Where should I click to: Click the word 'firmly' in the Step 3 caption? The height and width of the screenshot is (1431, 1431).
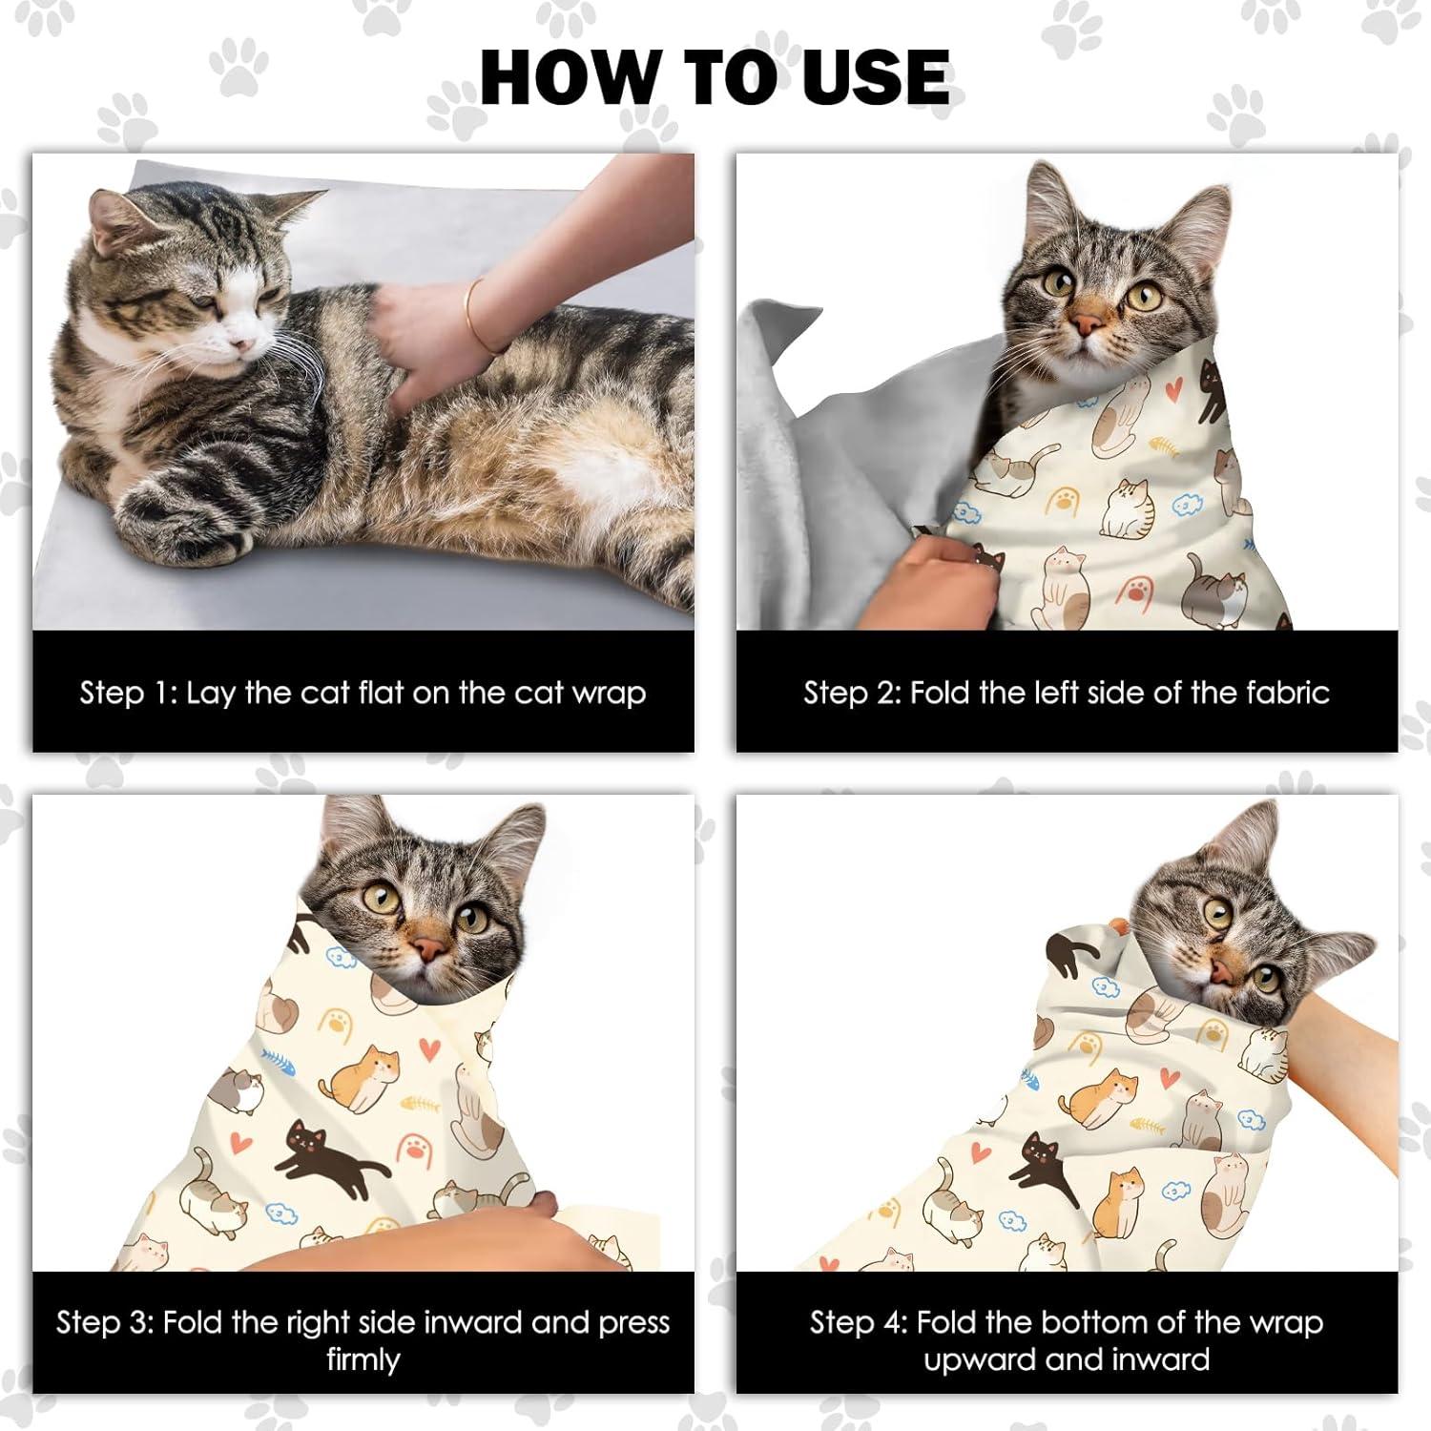363,1358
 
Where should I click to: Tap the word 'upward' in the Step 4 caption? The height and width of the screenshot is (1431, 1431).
984,1358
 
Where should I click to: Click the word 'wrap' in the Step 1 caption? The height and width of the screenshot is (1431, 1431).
610,693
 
